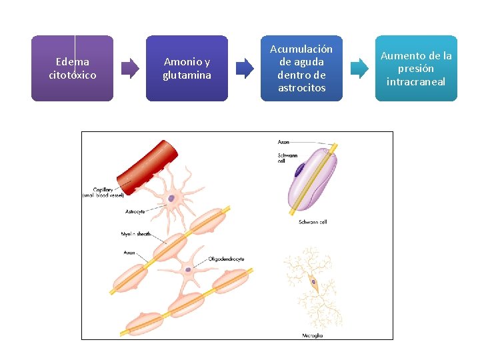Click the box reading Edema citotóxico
(72, 68)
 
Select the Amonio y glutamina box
(187, 68)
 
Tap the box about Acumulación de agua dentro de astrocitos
(301, 68)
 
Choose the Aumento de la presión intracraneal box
(416, 68)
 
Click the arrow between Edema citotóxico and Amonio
(129, 67)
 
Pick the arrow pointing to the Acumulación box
(245, 67)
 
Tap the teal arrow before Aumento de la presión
(359, 67)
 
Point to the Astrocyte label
(135, 211)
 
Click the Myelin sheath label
(135, 234)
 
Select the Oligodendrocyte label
(226, 259)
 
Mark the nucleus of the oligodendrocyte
(189, 270)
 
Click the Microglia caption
(312, 335)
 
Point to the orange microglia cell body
(313, 283)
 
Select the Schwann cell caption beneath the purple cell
(313, 222)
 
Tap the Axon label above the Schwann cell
(284, 142)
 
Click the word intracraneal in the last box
(416, 82)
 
